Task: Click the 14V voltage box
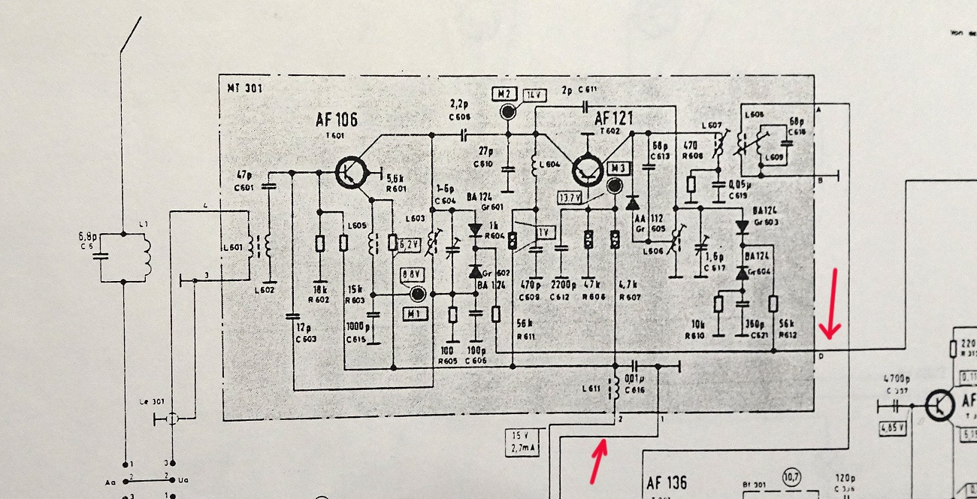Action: click(x=535, y=95)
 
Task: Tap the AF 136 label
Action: click(x=666, y=482)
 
